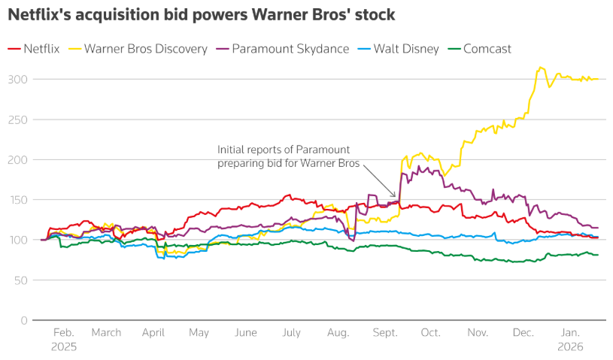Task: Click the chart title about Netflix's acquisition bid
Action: pos(202,14)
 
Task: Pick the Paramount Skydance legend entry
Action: pos(283,49)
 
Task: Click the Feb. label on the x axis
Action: pos(64,333)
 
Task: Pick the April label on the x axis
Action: pos(153,333)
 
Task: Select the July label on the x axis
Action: pos(291,333)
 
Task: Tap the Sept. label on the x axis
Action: pos(384,333)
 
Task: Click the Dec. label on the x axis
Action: pos(524,333)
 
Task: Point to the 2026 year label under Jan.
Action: pos(570,347)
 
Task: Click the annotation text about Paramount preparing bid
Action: pos(288,156)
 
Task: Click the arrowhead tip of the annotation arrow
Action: pos(396,198)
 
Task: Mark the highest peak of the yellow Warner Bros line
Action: pos(540,67)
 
